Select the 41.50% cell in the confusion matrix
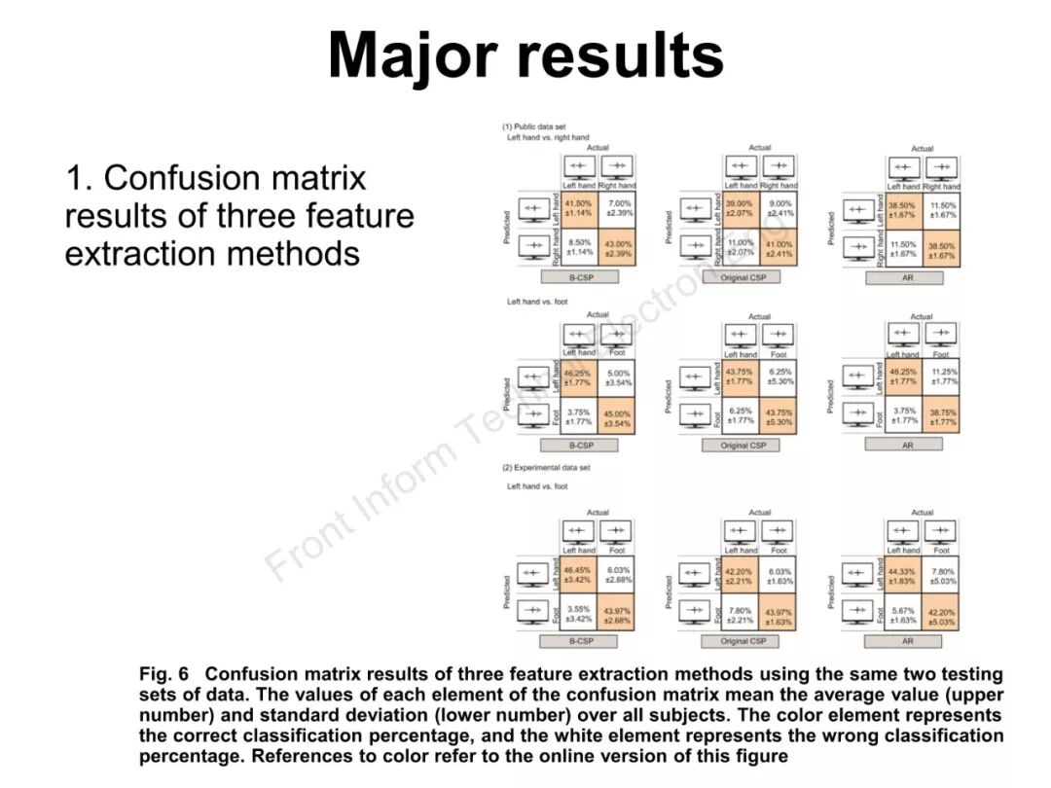[579, 208]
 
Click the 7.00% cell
[619, 208]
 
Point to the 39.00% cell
[741, 208]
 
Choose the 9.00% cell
[780, 208]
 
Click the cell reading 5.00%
[619, 377]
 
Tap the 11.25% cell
[942, 376]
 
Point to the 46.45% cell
[579, 575]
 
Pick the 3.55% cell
[579, 614]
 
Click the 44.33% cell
[902, 576]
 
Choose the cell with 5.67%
[902, 615]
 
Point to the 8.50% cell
[579, 248]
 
